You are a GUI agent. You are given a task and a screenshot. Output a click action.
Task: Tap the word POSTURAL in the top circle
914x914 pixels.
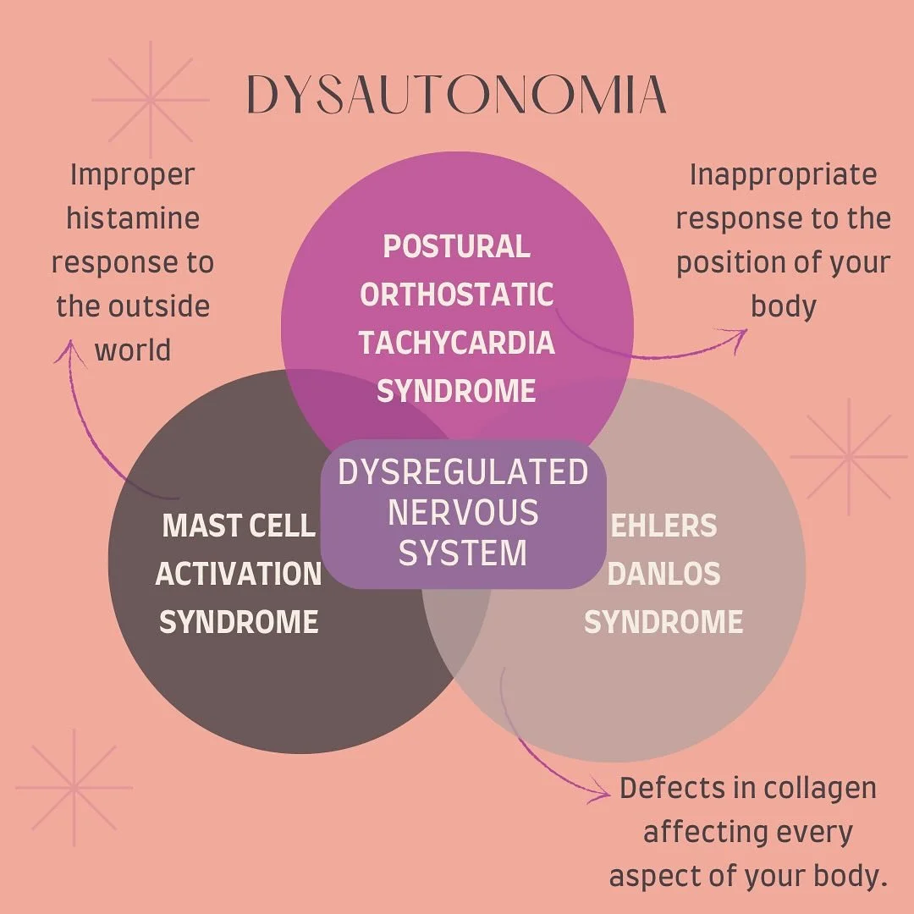click(457, 247)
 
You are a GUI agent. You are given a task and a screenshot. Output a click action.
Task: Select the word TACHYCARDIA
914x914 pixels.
click(457, 344)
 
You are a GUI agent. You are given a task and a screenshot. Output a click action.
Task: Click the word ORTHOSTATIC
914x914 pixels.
click(457, 295)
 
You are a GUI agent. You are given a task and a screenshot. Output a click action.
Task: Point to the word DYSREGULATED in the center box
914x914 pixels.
click(463, 472)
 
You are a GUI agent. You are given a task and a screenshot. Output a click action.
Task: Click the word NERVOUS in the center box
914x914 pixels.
click(463, 513)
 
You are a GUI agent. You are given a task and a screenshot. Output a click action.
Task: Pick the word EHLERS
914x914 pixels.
click(663, 526)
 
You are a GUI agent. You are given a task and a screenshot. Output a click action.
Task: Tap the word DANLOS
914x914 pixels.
click(663, 575)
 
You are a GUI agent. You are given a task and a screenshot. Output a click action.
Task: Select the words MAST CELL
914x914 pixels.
click(239, 526)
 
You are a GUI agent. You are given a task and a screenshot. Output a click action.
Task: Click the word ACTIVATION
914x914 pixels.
click(239, 575)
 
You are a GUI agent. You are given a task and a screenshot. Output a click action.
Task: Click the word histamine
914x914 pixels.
click(133, 218)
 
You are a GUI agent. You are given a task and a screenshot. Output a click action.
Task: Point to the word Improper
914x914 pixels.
click(133, 175)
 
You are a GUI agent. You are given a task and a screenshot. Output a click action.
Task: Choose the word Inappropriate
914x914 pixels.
click(783, 175)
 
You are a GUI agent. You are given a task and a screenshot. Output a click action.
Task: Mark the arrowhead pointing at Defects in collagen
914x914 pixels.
click(603, 794)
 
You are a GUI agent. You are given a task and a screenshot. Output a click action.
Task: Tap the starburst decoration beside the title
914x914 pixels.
click(151, 100)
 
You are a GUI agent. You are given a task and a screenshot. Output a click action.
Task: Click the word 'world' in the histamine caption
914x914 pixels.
click(133, 350)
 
